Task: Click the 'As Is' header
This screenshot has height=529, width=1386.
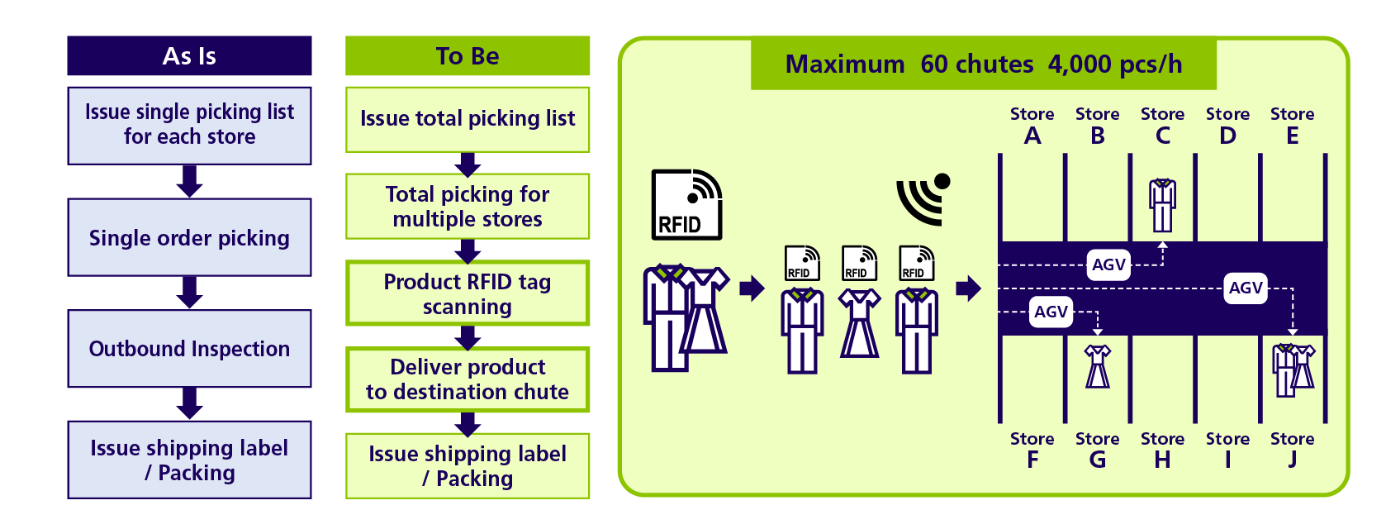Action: click(189, 55)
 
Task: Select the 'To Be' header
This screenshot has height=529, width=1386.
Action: click(468, 55)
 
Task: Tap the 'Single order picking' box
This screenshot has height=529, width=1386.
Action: click(189, 237)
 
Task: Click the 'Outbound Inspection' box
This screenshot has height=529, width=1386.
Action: click(189, 349)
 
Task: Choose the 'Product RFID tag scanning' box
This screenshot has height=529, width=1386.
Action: click(468, 293)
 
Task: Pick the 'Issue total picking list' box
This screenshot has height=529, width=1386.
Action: click(468, 120)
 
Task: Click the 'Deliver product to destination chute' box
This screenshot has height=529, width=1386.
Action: click(468, 379)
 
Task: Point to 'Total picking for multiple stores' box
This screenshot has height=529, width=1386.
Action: click(468, 207)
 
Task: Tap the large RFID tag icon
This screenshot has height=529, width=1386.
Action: click(687, 204)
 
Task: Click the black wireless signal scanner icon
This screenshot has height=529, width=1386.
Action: click(922, 199)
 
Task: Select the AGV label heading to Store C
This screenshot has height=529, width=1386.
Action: click(1108, 265)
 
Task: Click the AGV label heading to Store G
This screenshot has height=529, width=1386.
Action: click(1051, 312)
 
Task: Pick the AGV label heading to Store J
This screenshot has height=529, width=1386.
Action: click(1246, 288)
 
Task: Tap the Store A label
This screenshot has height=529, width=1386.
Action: click(1032, 126)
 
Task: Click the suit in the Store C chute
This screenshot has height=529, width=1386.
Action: click(1163, 205)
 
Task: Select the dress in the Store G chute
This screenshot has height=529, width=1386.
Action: click(1098, 367)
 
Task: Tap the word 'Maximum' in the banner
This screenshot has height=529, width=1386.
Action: click(845, 64)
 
